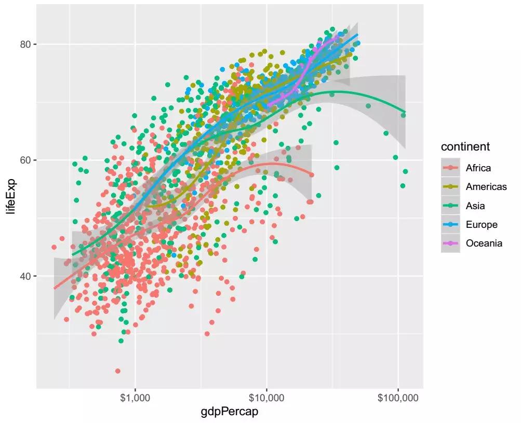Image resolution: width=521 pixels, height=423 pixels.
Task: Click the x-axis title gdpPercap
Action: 230,413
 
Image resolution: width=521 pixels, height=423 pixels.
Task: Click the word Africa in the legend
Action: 478,168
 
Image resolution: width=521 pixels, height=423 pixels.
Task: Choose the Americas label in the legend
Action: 486,187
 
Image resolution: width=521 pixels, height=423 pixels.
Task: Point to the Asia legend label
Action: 475,206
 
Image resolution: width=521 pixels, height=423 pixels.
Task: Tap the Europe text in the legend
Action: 482,225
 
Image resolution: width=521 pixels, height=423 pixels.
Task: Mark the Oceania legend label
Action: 484,243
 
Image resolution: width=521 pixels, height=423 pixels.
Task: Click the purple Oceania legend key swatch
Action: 450,243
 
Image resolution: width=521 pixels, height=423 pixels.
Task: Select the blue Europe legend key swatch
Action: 450,225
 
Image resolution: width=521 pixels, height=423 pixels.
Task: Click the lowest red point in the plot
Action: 118,371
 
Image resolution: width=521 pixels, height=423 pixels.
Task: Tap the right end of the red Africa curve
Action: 312,174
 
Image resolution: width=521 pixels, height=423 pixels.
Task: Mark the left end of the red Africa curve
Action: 54,288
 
